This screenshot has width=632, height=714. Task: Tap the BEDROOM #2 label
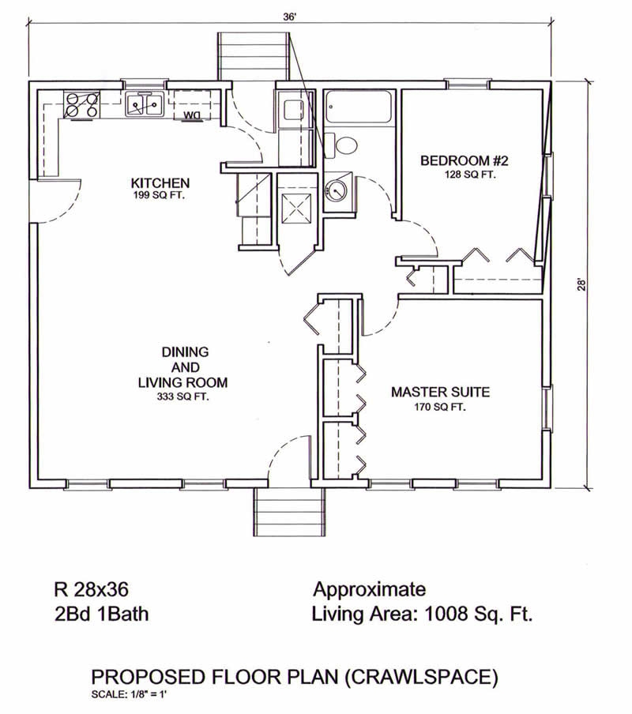464,161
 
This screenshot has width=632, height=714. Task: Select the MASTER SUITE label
441,392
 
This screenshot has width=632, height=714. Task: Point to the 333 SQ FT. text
182,397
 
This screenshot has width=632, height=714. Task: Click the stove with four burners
81,106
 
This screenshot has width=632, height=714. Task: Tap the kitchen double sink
145,103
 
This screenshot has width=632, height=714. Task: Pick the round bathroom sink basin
337,190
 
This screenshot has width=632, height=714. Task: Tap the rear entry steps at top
252,55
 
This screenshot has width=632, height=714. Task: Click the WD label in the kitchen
192,115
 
